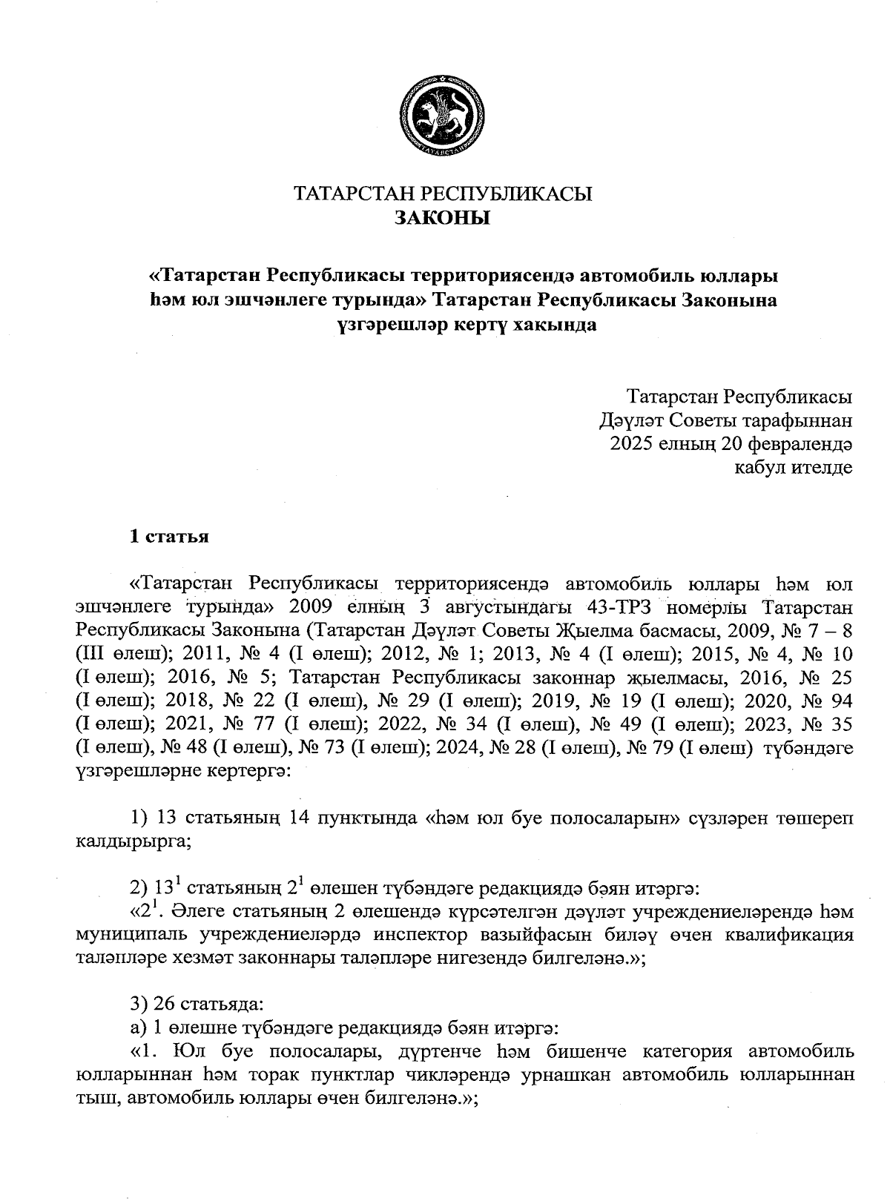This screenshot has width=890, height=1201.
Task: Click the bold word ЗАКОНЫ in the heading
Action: (x=443, y=219)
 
